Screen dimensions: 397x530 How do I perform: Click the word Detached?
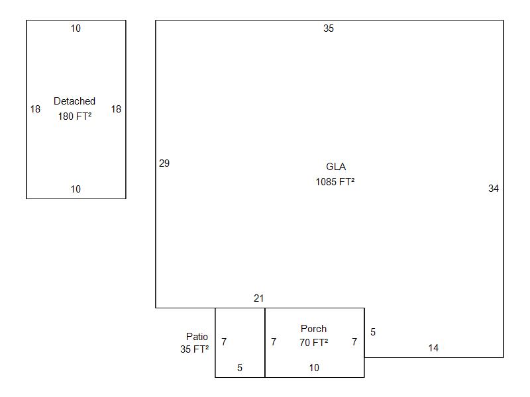(x=74, y=101)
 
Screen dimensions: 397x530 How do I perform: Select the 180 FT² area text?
(x=74, y=116)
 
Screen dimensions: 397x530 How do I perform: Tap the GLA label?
(x=336, y=167)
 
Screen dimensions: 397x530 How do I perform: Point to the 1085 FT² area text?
(x=335, y=181)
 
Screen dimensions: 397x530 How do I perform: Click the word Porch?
(x=313, y=329)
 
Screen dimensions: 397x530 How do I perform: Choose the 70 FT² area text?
(x=313, y=343)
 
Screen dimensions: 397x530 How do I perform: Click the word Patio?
(x=197, y=337)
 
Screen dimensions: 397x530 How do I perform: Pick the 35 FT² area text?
(x=194, y=349)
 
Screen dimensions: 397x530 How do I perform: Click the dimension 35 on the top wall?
(x=329, y=28)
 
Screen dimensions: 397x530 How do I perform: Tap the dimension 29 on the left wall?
(x=164, y=163)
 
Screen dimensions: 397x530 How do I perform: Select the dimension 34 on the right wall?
(x=494, y=189)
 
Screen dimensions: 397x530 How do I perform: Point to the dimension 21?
(x=258, y=298)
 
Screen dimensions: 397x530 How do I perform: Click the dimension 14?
(x=433, y=348)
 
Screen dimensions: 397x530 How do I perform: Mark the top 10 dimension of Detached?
(x=76, y=28)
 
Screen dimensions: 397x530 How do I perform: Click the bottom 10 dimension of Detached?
(x=76, y=189)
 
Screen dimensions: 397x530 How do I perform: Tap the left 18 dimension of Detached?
(x=35, y=109)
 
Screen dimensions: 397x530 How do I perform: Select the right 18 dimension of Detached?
(x=116, y=109)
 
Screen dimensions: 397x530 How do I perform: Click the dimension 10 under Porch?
(x=314, y=368)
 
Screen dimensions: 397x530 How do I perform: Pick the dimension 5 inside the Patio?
(x=240, y=368)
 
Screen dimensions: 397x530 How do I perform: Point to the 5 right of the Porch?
(x=373, y=332)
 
